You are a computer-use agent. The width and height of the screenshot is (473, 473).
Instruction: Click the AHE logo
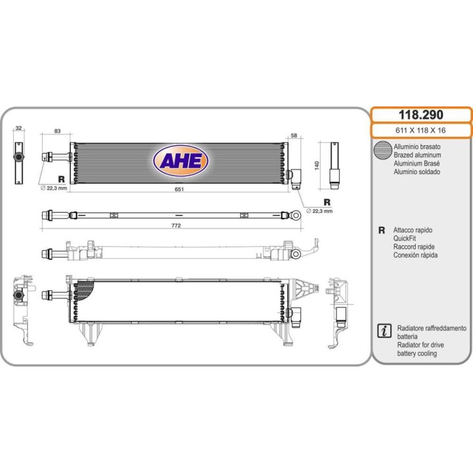coord(181,161)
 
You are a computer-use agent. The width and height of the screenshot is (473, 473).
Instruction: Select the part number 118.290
coord(421,114)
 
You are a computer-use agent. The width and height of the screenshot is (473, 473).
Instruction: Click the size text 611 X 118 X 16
coord(421,130)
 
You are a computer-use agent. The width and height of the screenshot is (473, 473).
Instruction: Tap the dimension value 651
coord(178,189)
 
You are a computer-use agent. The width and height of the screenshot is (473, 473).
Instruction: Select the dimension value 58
coord(294,135)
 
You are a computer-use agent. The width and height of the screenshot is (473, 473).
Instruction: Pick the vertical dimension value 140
coord(317,164)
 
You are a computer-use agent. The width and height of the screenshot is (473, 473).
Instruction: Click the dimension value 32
coord(18,129)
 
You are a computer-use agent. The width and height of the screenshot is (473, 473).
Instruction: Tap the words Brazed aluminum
coord(417,154)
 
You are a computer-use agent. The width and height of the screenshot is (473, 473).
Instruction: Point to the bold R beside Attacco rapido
coord(381,231)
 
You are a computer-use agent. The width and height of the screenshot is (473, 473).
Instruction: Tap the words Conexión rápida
coord(415,255)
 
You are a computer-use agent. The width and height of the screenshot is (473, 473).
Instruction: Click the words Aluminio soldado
coord(417,171)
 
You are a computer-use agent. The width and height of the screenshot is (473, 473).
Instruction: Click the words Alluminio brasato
coord(417,146)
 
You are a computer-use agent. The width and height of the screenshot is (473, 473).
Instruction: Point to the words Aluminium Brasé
coord(417,163)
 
